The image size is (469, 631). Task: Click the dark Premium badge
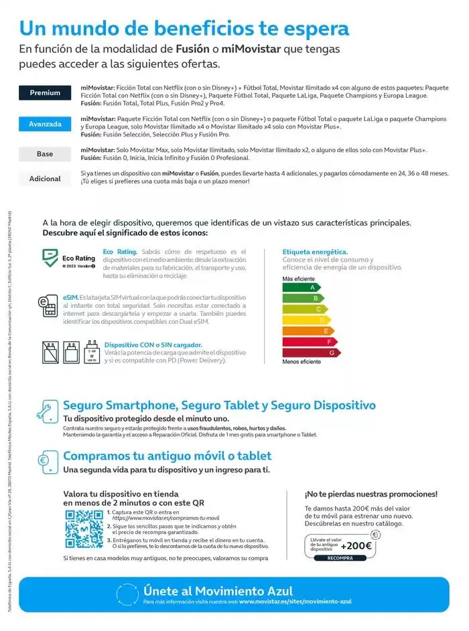coord(45,93)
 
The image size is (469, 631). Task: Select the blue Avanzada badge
coord(45,124)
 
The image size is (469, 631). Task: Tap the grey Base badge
coord(45,154)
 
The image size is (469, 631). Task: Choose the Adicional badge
coord(45,179)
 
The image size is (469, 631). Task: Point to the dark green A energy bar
coord(301,288)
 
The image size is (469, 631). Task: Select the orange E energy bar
coord(308,331)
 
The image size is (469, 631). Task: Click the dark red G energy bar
coord(312,352)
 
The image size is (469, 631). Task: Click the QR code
coord(84,529)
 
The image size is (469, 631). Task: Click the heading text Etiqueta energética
coord(315,252)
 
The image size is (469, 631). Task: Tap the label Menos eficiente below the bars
coord(301,362)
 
